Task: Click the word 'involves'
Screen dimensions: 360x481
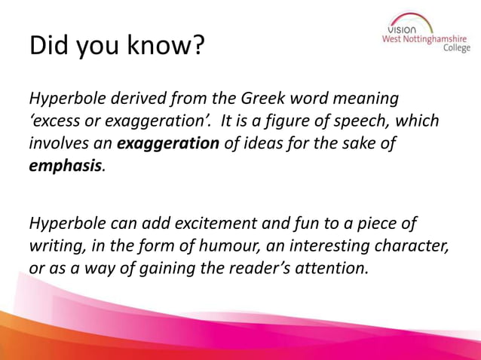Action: tap(57, 143)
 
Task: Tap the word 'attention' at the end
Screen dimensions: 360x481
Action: tap(332, 267)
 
